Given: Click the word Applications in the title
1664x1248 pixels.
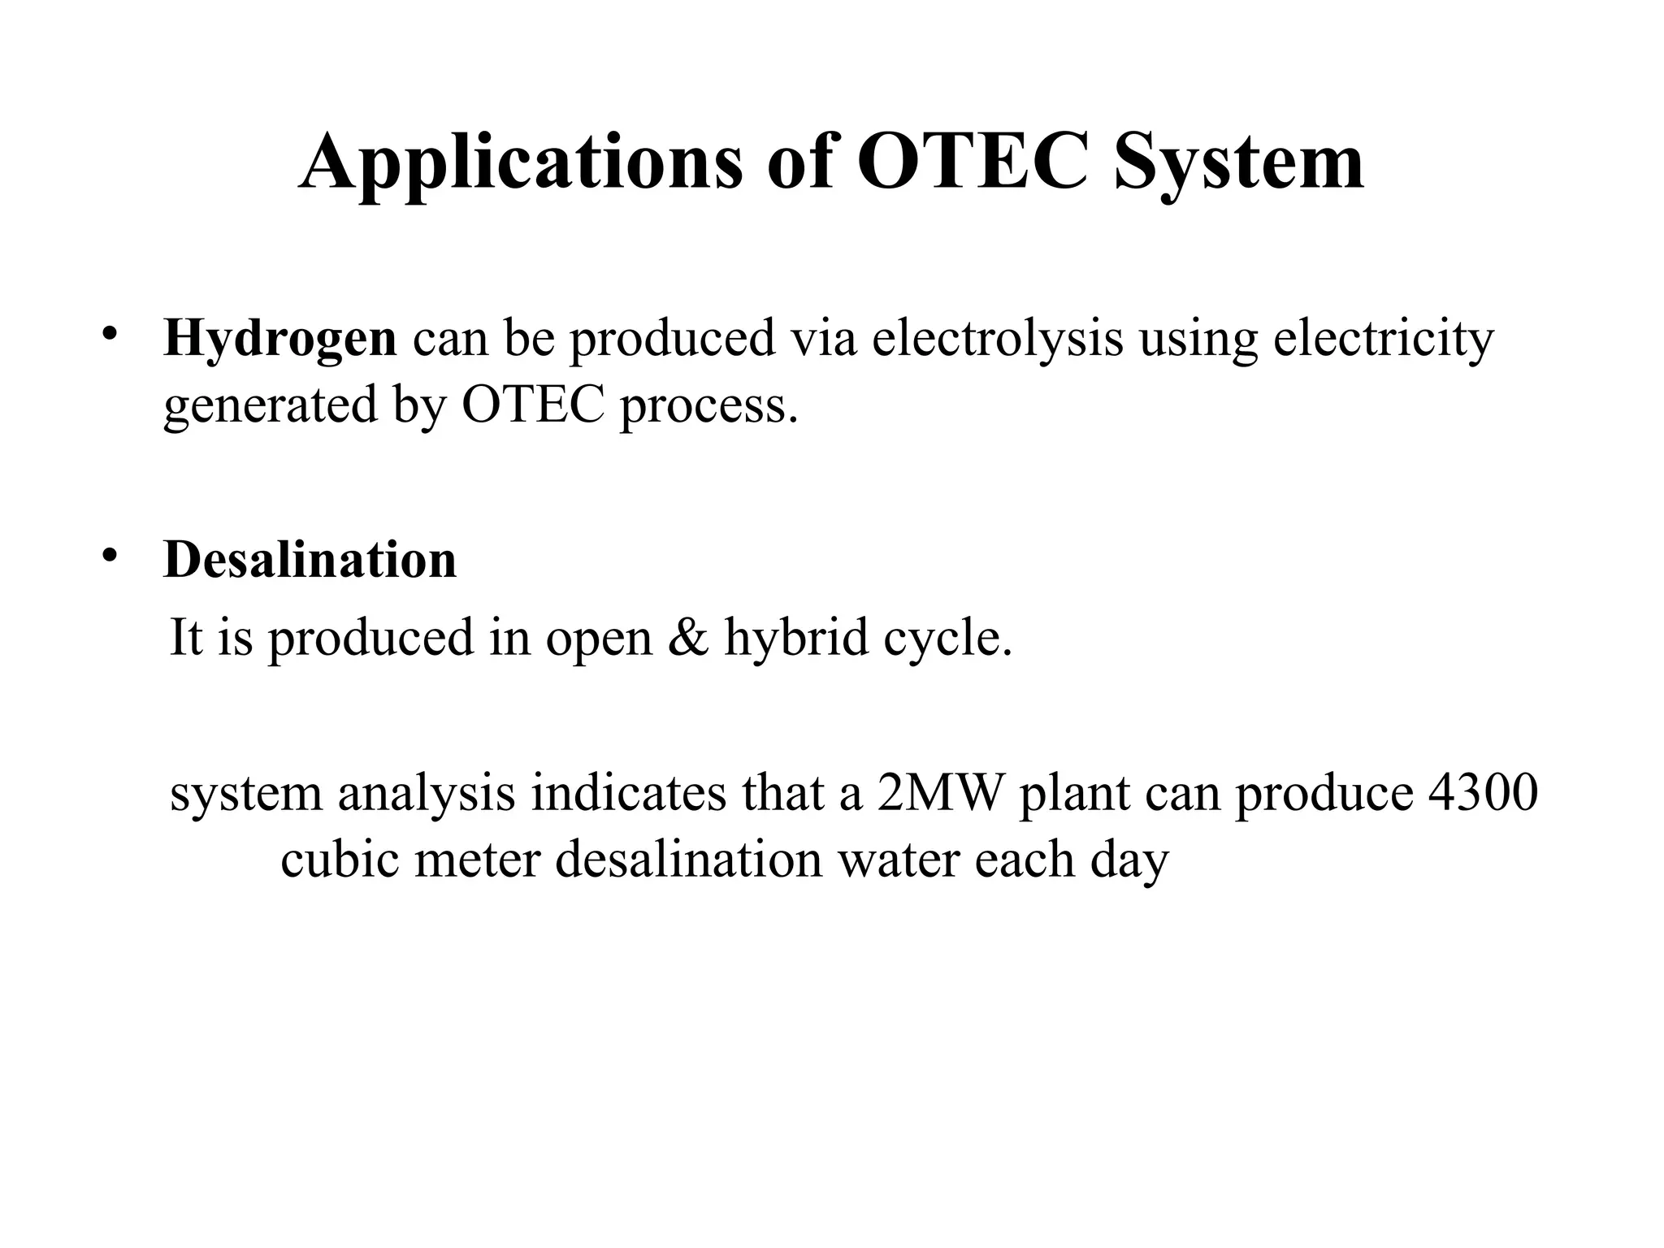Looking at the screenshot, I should tap(521, 162).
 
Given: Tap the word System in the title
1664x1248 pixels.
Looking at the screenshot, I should tap(1238, 162).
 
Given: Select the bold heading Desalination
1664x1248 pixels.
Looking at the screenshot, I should tap(310, 560).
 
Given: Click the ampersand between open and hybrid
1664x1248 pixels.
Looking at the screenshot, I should tap(688, 637).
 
